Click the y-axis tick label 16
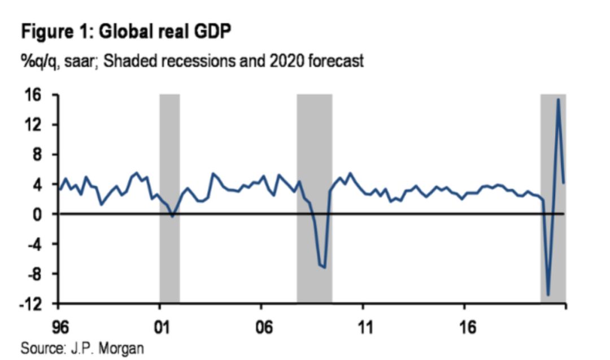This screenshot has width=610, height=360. click(x=33, y=95)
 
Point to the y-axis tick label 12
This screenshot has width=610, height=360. click(x=33, y=125)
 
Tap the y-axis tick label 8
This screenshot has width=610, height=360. click(x=37, y=155)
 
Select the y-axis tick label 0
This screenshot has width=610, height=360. click(x=37, y=214)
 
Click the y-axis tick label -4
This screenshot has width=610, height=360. click(x=34, y=244)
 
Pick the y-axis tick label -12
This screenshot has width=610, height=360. click(x=30, y=304)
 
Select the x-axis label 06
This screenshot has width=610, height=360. click(x=261, y=327)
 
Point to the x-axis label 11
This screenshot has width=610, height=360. click(x=363, y=327)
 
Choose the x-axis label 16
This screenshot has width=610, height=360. click(x=464, y=327)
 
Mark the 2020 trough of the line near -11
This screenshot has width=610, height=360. click(x=548, y=294)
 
